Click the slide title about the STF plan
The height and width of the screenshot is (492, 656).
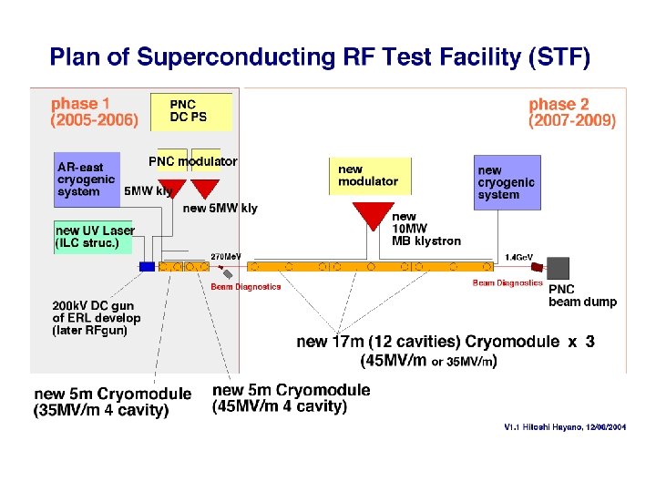(320, 58)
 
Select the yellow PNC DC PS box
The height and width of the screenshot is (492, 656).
(190, 112)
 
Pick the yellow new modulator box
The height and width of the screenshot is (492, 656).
(369, 176)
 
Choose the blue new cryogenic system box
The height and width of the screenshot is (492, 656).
(507, 182)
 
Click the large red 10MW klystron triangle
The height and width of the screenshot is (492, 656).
(372, 215)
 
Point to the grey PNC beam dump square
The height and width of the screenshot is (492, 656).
(558, 268)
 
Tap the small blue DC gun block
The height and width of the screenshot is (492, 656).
(147, 267)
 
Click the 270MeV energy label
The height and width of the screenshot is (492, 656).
(227, 256)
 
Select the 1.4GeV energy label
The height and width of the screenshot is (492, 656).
(519, 257)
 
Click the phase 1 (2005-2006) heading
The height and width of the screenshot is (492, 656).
(95, 112)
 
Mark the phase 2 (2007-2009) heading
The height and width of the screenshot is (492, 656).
(572, 112)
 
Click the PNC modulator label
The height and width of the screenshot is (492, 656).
(192, 161)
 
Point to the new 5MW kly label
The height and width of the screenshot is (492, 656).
(220, 209)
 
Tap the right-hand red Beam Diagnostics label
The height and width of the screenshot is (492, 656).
(507, 283)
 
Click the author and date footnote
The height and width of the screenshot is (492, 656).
(565, 426)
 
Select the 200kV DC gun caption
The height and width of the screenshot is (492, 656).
(97, 318)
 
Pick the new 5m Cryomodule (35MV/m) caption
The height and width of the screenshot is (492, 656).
(113, 402)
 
